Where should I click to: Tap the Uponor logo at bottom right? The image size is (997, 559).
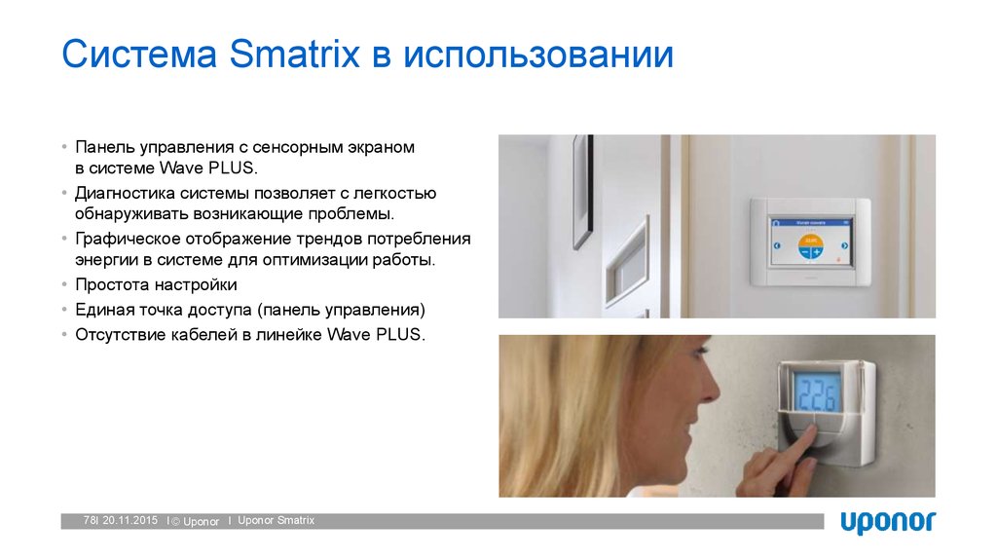coord(887,521)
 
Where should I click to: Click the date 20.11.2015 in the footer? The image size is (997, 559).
coord(129,521)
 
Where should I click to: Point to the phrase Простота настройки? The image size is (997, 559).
coord(156,285)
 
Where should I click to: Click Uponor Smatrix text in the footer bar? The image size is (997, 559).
coord(276,521)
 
